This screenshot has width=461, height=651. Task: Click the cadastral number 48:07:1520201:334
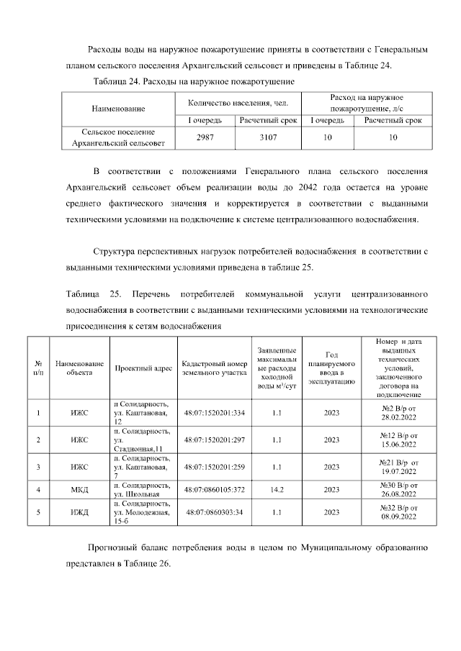(x=215, y=413)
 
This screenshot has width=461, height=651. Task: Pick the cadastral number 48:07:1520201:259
(x=215, y=467)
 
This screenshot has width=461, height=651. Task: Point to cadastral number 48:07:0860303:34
(x=215, y=512)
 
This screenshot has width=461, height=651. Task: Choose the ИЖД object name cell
(x=80, y=512)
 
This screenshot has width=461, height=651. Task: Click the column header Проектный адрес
(x=143, y=368)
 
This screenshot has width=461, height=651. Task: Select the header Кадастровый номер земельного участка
(x=215, y=368)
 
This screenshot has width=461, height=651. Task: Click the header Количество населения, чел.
(x=238, y=103)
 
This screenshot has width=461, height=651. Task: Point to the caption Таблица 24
(x=118, y=83)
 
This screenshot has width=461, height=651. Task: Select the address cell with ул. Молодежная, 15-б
(x=143, y=512)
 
